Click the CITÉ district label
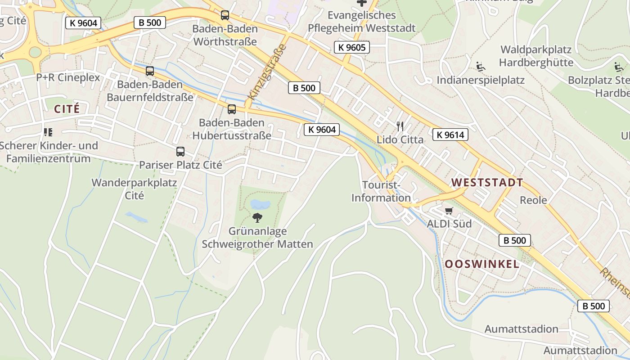[x=67, y=109]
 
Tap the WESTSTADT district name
[x=487, y=183]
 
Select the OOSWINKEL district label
[x=482, y=264]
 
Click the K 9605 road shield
[x=351, y=47]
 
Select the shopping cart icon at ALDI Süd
[x=449, y=211]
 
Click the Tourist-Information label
[x=381, y=191]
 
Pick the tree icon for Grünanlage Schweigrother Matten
[x=257, y=218]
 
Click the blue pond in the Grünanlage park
[x=260, y=205]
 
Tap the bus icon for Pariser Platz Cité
[x=180, y=152]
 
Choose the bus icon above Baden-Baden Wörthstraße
[x=225, y=15]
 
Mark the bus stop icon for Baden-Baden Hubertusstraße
[x=232, y=109]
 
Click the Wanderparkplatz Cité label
[x=134, y=189]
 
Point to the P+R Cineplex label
[x=68, y=77]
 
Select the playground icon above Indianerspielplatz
[x=481, y=67]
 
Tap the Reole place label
[x=533, y=200]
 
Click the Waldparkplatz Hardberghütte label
[x=536, y=56]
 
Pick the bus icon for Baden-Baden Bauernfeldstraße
[x=150, y=71]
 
